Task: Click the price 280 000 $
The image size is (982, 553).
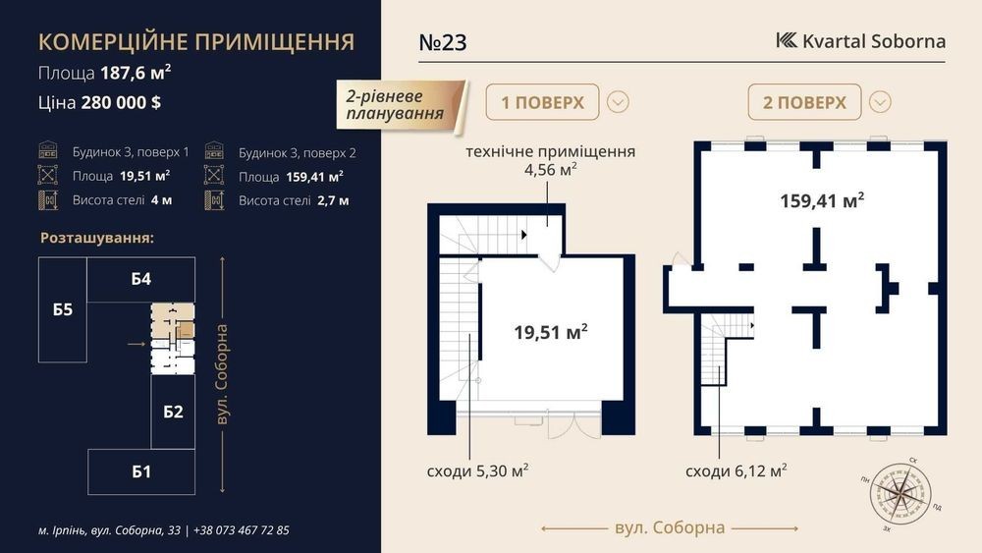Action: tap(121, 103)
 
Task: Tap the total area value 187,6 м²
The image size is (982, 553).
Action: tap(136, 73)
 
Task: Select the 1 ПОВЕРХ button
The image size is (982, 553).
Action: tap(542, 102)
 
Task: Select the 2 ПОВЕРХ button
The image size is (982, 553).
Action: tap(804, 102)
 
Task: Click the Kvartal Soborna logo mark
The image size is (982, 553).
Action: tap(787, 40)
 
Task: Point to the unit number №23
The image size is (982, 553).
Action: tap(443, 42)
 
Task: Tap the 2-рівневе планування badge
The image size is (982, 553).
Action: tap(401, 105)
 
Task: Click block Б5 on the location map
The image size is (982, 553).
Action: tap(63, 309)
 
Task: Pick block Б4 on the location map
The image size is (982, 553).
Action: tap(140, 279)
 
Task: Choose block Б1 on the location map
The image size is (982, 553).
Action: tap(141, 471)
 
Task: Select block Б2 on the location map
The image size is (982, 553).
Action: tap(173, 412)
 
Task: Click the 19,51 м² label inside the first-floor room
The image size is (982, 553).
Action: tap(551, 331)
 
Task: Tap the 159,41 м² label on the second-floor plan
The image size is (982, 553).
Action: tap(822, 200)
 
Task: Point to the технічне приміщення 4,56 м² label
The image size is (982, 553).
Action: tap(551, 160)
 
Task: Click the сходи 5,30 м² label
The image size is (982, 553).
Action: tap(477, 470)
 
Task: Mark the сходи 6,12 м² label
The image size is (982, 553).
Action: tap(736, 470)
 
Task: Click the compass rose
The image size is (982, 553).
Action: tap(900, 495)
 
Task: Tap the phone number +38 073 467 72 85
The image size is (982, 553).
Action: tap(242, 530)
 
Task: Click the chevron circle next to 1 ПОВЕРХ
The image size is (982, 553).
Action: tap(618, 102)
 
